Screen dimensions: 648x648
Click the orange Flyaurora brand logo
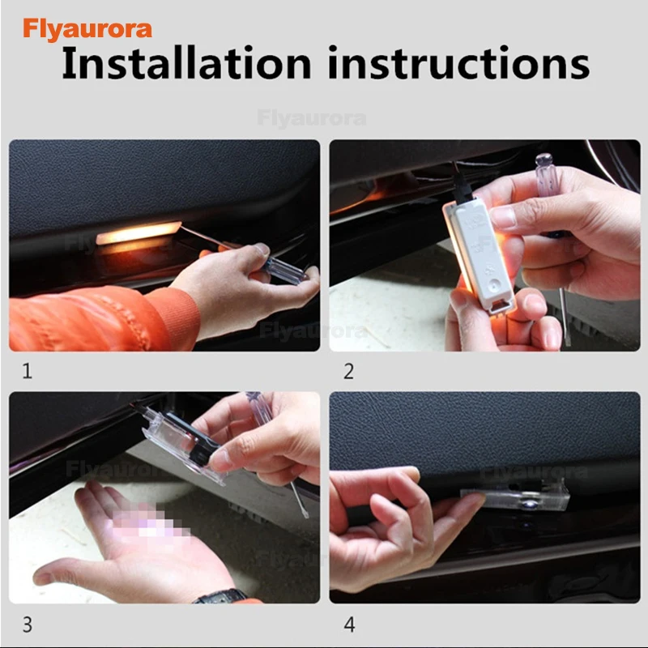click(x=87, y=29)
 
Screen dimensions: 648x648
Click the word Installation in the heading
click(x=186, y=63)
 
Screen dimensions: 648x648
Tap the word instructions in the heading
click(x=458, y=63)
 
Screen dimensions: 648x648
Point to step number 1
click(x=28, y=371)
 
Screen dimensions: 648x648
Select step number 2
click(x=348, y=371)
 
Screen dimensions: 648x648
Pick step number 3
click(x=28, y=624)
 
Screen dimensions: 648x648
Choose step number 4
click(x=349, y=624)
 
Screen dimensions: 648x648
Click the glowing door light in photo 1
click(x=139, y=233)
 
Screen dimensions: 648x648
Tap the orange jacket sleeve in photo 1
click(x=104, y=318)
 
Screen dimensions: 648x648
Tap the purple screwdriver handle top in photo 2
click(x=544, y=159)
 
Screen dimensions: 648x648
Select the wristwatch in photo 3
click(x=221, y=596)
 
